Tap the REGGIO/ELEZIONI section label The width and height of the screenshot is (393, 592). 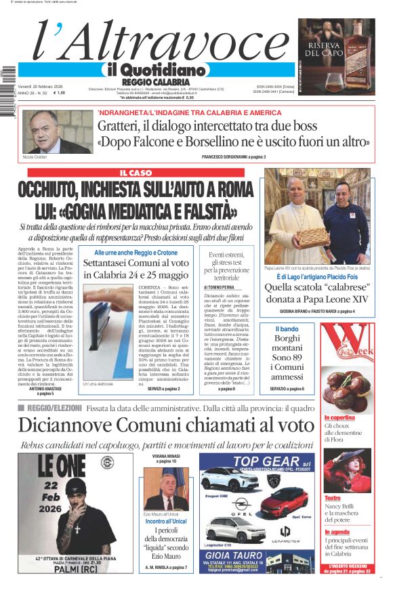(x=51, y=408)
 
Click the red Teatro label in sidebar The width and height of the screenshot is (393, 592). (x=332, y=499)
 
